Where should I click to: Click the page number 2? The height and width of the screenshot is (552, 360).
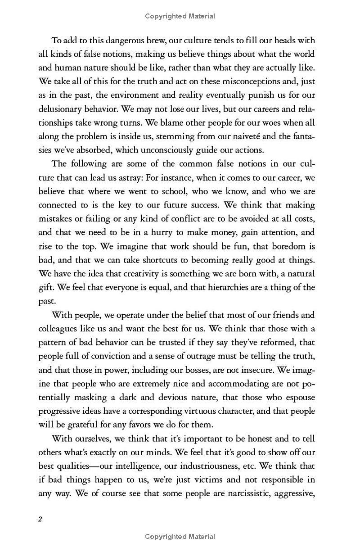(40, 519)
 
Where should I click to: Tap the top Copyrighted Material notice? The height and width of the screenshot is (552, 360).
(180, 16)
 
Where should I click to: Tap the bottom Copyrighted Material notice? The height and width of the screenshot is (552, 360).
(180, 537)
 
